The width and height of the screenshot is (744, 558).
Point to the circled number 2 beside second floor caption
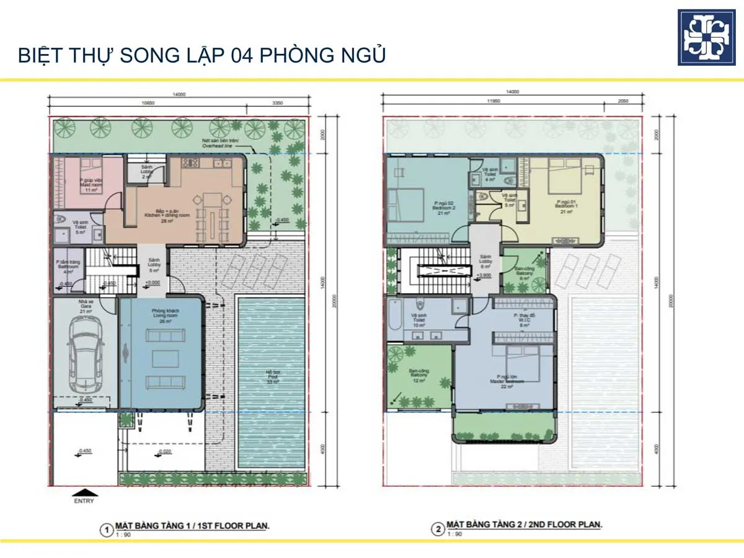[x=438, y=529]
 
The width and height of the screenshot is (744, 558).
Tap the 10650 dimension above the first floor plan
[x=148, y=103]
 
